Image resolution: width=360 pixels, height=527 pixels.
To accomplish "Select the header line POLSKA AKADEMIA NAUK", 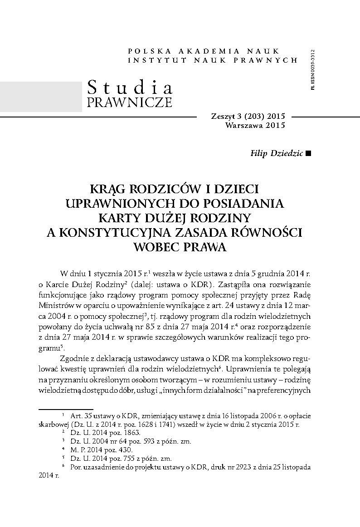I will pyautogui.click(x=204, y=51).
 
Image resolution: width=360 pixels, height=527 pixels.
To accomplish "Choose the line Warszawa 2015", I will pyautogui.click(x=255, y=125).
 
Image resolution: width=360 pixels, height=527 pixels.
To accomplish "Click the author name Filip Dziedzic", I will pyautogui.click(x=277, y=153).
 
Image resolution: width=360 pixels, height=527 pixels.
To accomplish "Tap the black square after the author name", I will pyautogui.click(x=309, y=153).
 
